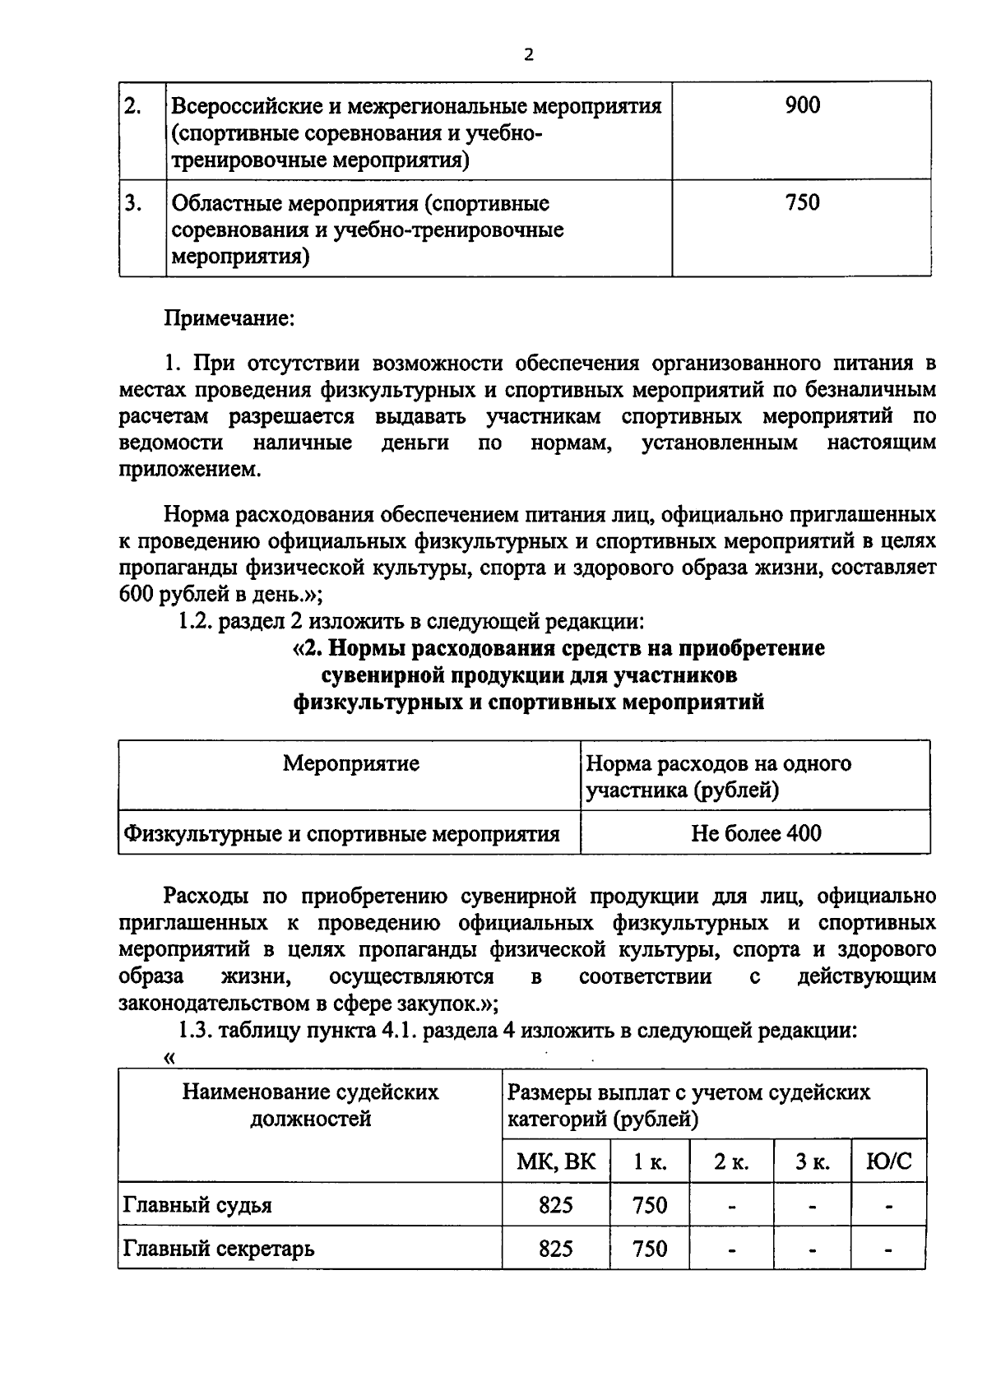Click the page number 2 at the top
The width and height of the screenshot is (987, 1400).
tap(528, 55)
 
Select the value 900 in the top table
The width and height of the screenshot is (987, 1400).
tap(802, 105)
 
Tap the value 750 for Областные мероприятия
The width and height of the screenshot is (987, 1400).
tap(802, 202)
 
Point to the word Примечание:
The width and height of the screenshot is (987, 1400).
tap(229, 318)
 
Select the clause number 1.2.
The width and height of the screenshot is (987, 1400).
tap(196, 621)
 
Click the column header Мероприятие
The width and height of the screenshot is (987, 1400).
tap(350, 763)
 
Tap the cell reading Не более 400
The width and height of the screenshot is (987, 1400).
tap(755, 833)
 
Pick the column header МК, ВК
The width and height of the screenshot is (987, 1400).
tap(555, 1162)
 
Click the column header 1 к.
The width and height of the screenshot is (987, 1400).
tap(650, 1162)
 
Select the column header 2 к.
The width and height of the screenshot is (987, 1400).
tap(730, 1162)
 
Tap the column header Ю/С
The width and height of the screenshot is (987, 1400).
tap(889, 1162)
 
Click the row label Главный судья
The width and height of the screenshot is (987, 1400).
tap(197, 1206)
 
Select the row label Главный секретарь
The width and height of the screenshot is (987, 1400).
tap(219, 1249)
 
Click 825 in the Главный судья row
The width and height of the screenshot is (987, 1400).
tap(555, 1206)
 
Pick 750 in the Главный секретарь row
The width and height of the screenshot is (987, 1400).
tap(650, 1249)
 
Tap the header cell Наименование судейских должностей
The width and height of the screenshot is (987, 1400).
tap(310, 1106)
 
